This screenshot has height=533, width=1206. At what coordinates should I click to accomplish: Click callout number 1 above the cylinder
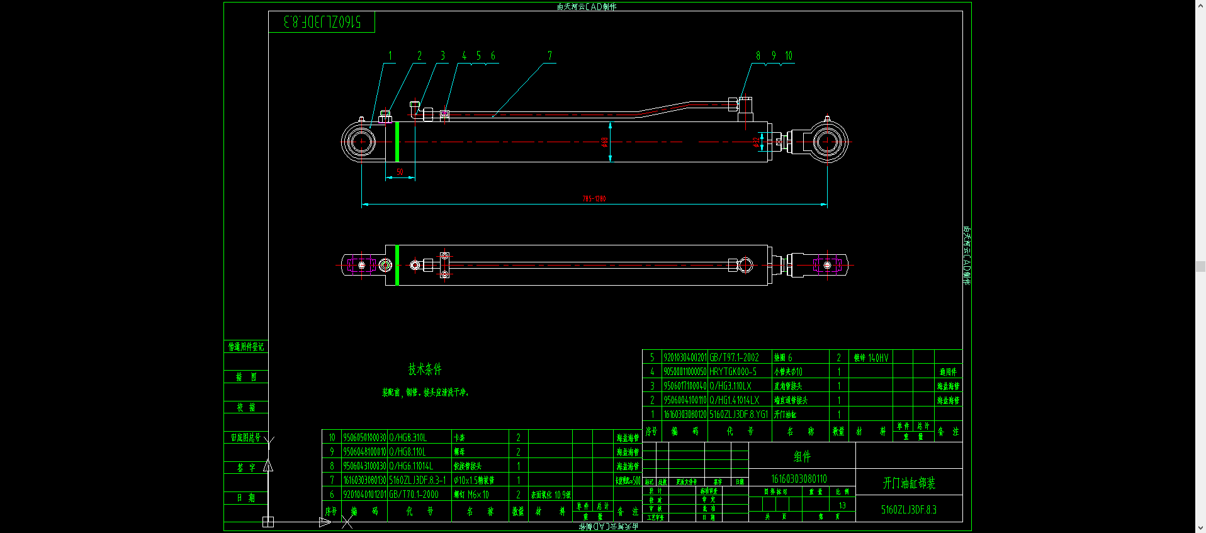[390, 56]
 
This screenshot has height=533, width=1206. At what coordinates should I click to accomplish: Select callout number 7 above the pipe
[549, 56]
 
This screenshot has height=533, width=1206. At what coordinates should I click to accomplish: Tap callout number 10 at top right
[789, 56]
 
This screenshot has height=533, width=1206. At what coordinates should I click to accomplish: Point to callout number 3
[442, 56]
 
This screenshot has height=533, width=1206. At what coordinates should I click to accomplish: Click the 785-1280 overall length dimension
[594, 199]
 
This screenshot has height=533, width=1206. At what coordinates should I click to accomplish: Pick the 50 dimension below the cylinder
[400, 172]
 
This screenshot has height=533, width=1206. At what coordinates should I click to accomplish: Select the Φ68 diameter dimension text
[605, 143]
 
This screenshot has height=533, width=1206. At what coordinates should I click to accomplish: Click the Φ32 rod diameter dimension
[755, 143]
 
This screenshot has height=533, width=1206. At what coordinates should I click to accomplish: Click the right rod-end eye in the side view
[827, 142]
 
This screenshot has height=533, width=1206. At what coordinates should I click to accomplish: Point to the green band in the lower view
[397, 265]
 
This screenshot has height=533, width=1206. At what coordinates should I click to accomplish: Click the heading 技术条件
[425, 369]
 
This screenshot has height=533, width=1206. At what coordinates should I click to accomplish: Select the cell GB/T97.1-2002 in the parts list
[734, 357]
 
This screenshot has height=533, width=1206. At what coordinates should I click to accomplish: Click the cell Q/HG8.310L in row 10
[408, 437]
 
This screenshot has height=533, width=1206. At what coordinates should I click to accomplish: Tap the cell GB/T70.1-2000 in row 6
[414, 495]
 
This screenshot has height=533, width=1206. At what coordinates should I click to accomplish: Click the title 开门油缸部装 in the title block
[909, 483]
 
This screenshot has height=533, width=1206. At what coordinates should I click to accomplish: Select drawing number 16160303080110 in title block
[799, 479]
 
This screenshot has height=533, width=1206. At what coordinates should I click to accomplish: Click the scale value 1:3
[842, 505]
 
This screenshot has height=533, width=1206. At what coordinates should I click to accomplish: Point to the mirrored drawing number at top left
[322, 22]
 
